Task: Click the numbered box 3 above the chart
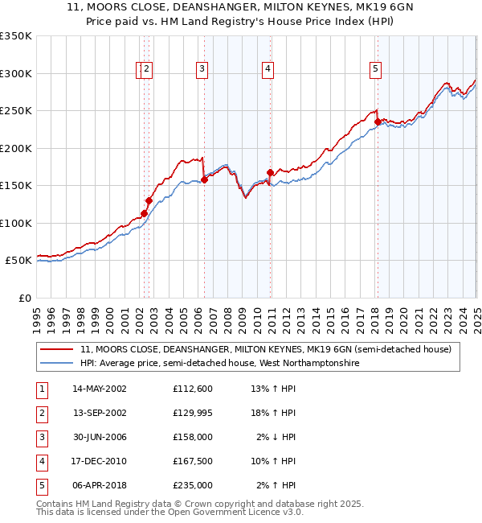(x=201, y=70)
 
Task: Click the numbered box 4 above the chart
(x=267, y=70)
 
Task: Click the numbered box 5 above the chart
(x=375, y=70)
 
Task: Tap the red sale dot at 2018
(x=377, y=121)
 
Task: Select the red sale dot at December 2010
(x=270, y=172)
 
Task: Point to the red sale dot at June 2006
(x=204, y=179)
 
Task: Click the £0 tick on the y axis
(x=26, y=298)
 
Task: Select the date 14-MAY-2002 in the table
(x=99, y=389)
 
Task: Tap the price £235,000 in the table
(x=192, y=485)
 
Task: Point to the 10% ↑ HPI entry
(x=274, y=461)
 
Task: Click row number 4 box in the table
(x=41, y=461)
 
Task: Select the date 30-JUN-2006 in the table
(x=99, y=437)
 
